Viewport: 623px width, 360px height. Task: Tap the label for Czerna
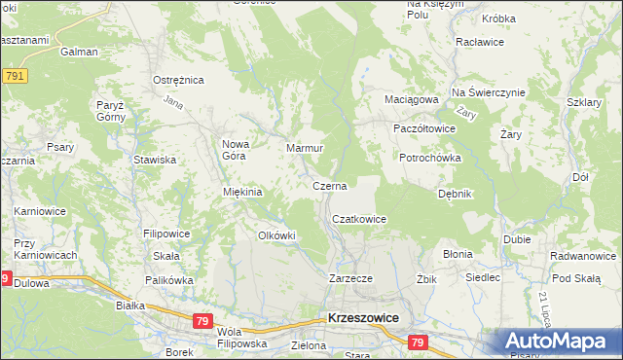(x=330, y=185)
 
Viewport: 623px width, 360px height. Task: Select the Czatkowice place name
(x=360, y=220)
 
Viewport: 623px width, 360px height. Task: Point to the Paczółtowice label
(x=424, y=128)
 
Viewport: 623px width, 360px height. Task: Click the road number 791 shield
(x=14, y=75)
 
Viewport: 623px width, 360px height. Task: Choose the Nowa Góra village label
(x=238, y=150)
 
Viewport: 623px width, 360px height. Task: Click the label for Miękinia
(x=243, y=192)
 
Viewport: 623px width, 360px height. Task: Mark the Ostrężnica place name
(x=178, y=80)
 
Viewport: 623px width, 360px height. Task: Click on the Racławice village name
(x=478, y=44)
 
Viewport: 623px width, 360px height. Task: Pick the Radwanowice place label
(x=582, y=257)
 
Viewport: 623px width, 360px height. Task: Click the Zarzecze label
(x=351, y=277)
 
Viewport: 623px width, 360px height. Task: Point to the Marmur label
(x=305, y=149)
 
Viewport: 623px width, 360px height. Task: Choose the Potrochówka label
(x=430, y=158)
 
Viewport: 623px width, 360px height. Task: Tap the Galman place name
(x=79, y=53)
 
